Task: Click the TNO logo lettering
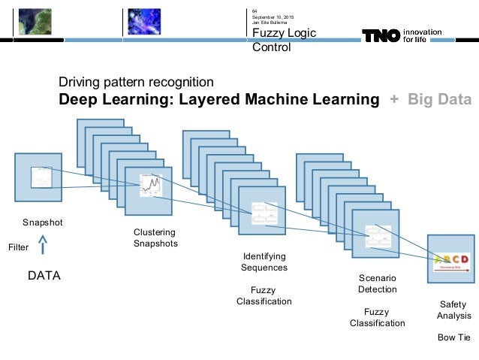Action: coord(381,35)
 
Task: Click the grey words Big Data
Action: coord(439,100)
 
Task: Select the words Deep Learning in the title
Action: coord(110,100)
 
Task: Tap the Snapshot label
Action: coord(42,222)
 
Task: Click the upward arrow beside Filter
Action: coord(42,245)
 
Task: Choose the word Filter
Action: coord(18,247)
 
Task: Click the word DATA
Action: coord(44,277)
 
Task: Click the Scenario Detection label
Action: coord(377,283)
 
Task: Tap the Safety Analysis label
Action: coord(453,310)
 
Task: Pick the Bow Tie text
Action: coord(453,337)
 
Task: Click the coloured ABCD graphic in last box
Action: coord(451,260)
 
